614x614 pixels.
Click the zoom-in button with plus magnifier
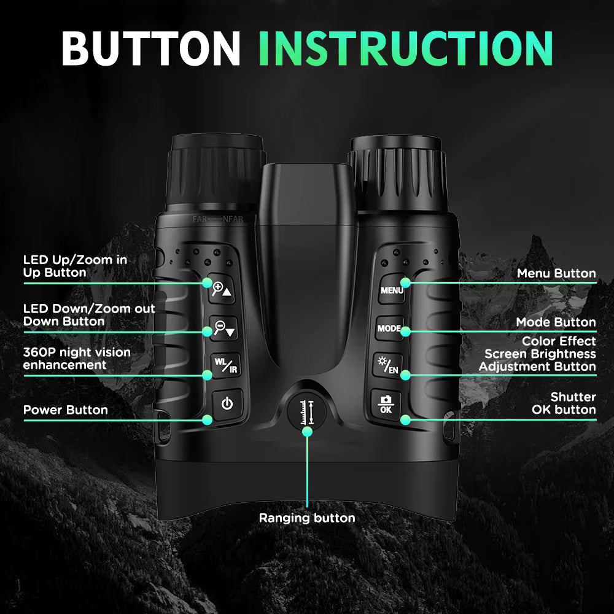pyautogui.click(x=222, y=289)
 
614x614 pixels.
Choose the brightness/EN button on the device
pyautogui.click(x=387, y=367)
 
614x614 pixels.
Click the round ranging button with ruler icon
pyautogui.click(x=308, y=410)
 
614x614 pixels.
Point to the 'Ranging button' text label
pyautogui.click(x=307, y=518)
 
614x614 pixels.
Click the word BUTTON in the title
pyautogui.click(x=150, y=47)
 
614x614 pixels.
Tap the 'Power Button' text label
pyautogui.click(x=65, y=410)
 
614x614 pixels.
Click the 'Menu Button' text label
pyautogui.click(x=556, y=273)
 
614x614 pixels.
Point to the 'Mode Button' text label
pyautogui.click(x=556, y=322)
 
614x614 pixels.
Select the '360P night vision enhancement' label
pyautogui.click(x=77, y=359)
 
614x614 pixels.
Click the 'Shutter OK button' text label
pyautogui.click(x=564, y=403)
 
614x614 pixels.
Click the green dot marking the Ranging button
pyautogui.click(x=308, y=431)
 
